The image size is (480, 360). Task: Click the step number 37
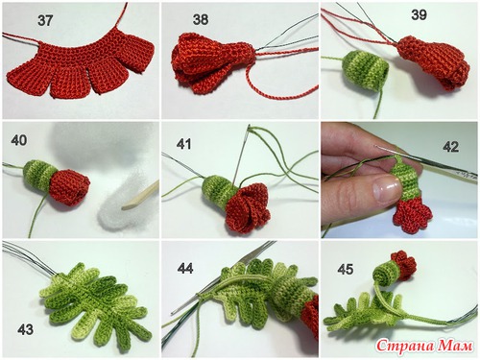45,21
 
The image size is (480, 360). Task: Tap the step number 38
201,20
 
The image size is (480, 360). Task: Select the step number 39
419,14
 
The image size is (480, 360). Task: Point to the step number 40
19,140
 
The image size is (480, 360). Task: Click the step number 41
183,144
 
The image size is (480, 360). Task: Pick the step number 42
451,146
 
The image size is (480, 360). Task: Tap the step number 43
25,329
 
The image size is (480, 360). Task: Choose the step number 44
185,268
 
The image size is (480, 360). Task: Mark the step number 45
346,269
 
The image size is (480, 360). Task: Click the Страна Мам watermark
424,346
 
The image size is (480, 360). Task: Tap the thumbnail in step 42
388,190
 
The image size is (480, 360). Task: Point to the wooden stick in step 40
140,196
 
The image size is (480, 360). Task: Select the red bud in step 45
404,265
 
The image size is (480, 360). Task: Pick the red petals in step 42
413,215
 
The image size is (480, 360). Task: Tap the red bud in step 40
69,187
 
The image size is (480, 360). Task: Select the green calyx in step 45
387,276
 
